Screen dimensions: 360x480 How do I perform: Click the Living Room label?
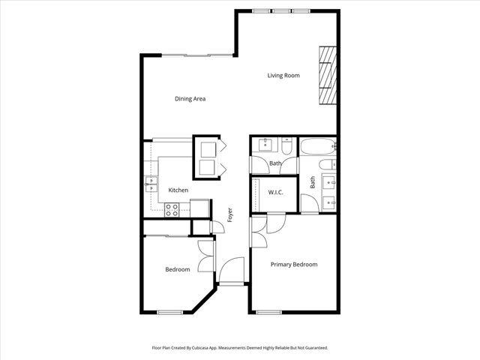pyautogui.click(x=284, y=75)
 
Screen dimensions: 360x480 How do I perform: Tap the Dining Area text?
pyautogui.click(x=190, y=99)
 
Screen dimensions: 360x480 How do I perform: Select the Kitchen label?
pyautogui.click(x=178, y=190)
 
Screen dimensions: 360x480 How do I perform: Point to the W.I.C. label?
pyautogui.click(x=275, y=193)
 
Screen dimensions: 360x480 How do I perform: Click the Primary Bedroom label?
pyautogui.click(x=294, y=264)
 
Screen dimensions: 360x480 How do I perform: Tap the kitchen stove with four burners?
pyautogui.click(x=171, y=210)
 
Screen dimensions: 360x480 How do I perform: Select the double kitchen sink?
pyautogui.click(x=151, y=184)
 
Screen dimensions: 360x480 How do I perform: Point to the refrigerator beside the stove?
pyautogui.click(x=199, y=208)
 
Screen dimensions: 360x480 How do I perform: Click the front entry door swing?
pyautogui.click(x=232, y=271)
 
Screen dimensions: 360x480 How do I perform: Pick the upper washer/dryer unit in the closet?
pyautogui.click(x=206, y=146)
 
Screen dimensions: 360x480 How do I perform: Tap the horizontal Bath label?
pyautogui.click(x=275, y=163)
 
